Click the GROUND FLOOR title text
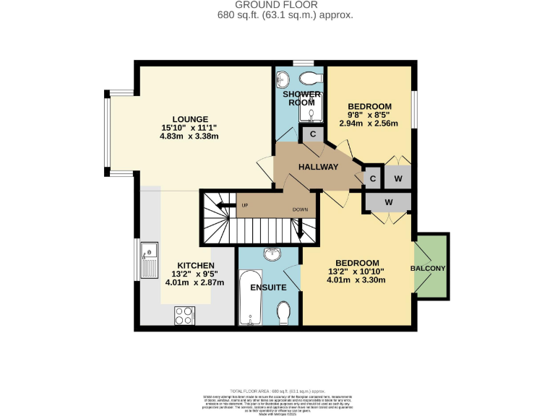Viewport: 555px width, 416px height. (x=277, y=5)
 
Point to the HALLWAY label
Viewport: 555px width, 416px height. (x=319, y=167)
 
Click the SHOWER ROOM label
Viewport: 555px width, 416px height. (x=301, y=98)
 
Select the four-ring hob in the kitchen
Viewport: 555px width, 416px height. (x=184, y=315)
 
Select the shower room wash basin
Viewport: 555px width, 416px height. (x=283, y=77)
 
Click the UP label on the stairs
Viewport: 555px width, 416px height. (x=245, y=206)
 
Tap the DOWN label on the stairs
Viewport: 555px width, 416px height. (x=301, y=209)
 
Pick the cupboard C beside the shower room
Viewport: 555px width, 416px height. (x=312, y=134)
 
